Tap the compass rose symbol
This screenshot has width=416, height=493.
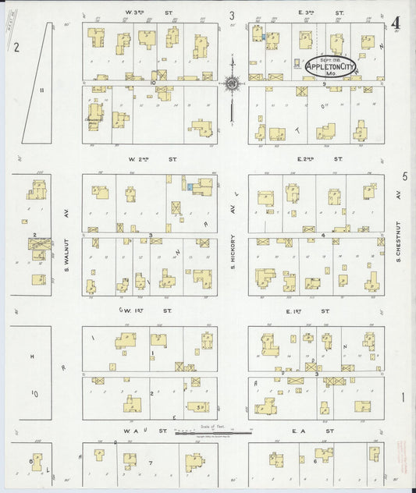[232, 83]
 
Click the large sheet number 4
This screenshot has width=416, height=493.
[397, 23]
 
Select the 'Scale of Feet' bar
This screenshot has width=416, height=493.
[206, 428]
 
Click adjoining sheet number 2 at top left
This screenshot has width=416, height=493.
[16, 47]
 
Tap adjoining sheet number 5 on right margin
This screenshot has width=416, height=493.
[404, 178]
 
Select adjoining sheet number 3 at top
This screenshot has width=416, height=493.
[232, 15]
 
